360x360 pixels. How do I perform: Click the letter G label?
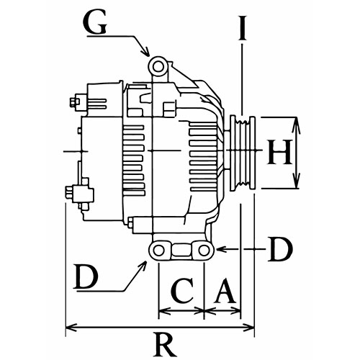pos(94,23)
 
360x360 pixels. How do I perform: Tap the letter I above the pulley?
pos(243,28)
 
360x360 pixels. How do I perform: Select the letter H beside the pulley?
pos(279,152)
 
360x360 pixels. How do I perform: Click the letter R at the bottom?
pos(165,345)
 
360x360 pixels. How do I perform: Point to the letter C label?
pos(182,290)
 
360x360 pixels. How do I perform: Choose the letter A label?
pos(225,290)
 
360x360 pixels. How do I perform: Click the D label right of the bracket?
pos(280,249)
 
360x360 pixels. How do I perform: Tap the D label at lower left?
pos(86,276)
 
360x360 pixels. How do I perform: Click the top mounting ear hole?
pos(158,67)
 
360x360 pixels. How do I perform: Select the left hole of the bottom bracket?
pos(158,251)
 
